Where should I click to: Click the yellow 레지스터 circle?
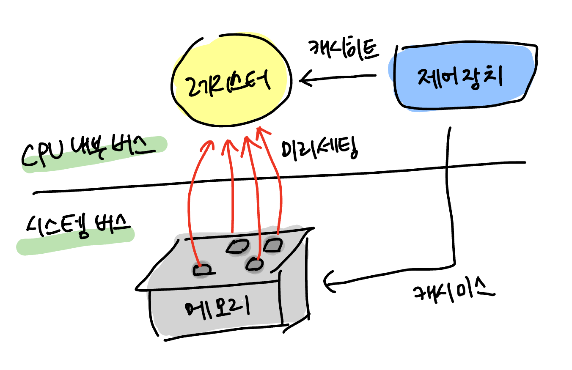coord(232,82)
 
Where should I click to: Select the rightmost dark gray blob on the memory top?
coord(273,245)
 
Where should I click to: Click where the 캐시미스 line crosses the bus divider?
coord(448,168)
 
